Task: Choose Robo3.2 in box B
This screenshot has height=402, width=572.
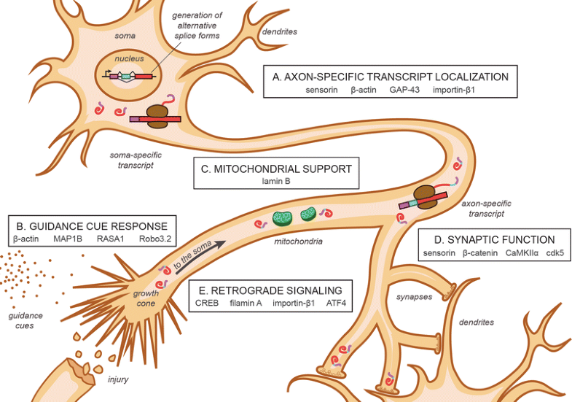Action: coord(152,239)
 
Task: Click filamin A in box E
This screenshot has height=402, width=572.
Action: coord(248,302)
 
